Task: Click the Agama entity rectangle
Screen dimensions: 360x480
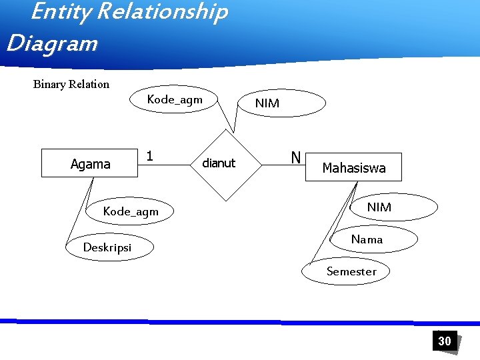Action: [89, 164]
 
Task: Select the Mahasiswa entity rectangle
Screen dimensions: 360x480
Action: [354, 167]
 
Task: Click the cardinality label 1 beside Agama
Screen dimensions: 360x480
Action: [150, 156]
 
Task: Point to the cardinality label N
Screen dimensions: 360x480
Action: [295, 157]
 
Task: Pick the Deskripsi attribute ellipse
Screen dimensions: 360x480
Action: [108, 248]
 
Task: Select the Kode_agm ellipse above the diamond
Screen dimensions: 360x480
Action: [174, 100]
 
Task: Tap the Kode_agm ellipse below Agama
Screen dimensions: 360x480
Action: [131, 211]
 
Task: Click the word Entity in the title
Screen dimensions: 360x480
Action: [54, 12]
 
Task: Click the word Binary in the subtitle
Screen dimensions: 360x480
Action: [51, 84]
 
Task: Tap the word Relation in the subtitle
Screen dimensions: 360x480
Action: [90, 84]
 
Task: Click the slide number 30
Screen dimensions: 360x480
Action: [445, 341]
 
